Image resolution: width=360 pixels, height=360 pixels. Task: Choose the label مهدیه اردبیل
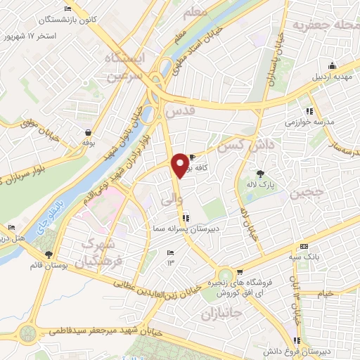[331, 75]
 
